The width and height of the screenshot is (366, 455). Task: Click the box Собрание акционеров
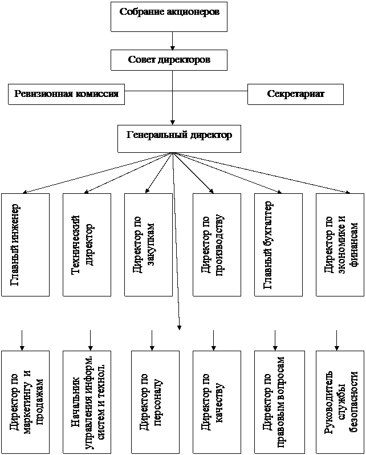coord(169,17)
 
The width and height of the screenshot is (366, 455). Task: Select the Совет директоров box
coord(169,60)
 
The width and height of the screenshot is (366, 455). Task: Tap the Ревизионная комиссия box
coord(67,94)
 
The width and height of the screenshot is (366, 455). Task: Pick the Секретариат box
coord(295,94)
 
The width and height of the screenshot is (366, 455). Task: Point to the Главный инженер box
coord(25,245)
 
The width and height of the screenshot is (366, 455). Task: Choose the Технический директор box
coord(87,245)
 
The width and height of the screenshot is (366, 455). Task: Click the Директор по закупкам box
coord(148,245)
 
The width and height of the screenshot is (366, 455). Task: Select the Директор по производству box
coord(217,245)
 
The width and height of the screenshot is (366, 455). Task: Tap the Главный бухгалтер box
coord(278,245)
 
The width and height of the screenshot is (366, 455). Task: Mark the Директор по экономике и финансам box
coord(340,245)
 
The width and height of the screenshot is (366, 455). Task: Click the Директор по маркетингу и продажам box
coord(25,403)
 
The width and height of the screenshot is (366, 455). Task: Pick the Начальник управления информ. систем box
coord(87,403)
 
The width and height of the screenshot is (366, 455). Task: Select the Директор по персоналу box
coord(155,403)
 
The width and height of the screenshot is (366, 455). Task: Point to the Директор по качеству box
coord(217,403)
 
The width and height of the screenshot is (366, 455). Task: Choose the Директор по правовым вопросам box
coord(278,403)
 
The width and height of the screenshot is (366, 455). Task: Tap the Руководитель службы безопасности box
coord(340,403)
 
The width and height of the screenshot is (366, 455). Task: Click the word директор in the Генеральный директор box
coord(209,136)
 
